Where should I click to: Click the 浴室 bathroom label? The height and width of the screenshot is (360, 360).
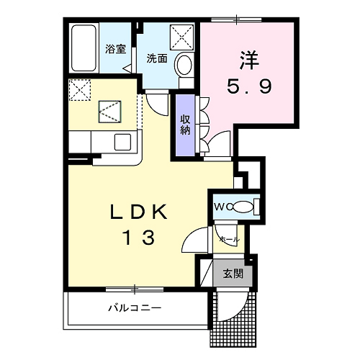115,49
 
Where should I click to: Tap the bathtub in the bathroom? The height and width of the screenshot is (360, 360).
84,48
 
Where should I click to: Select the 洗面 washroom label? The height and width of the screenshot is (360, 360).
157,58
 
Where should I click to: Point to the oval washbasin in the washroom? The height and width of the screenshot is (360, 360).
184,64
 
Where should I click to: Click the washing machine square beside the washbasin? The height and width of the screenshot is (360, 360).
181,37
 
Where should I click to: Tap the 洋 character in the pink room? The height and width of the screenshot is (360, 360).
249,60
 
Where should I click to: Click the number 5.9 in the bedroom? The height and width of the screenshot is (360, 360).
249,86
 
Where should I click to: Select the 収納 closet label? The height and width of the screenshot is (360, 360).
185,125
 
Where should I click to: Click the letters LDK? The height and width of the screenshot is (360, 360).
138,212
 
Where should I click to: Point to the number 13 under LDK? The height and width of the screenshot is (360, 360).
139,237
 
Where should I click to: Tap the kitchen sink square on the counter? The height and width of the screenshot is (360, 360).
122,142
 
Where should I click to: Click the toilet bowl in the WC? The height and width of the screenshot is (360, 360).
243,207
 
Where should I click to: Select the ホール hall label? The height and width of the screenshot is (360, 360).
230,239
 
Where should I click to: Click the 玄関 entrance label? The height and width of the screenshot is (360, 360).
233,274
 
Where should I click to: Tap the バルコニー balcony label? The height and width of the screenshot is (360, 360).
135,307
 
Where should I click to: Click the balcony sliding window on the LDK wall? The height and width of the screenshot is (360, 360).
135,289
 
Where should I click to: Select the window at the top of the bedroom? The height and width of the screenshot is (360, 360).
236,19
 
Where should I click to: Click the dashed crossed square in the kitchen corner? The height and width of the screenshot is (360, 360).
80,90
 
